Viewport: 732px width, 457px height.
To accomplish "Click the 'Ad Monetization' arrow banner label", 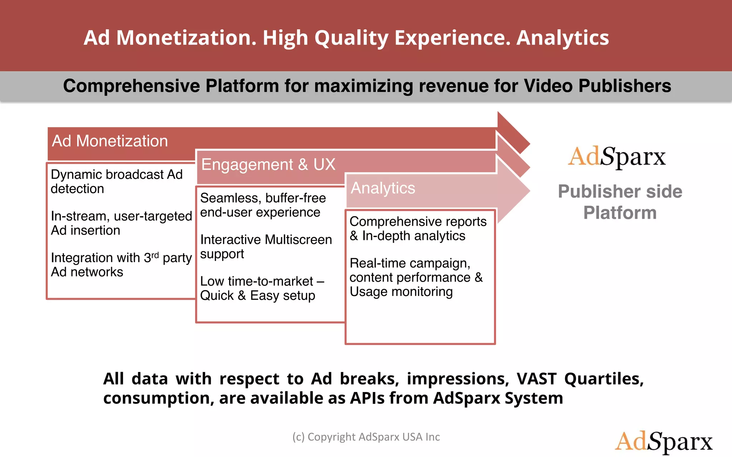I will pos(110,141).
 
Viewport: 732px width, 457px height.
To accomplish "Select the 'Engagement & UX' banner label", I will pos(268,165).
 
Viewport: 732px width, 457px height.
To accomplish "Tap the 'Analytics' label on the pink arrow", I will pos(383,188).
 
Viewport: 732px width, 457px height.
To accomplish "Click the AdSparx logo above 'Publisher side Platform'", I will pos(617,157).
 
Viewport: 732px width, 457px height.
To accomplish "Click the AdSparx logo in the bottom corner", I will pos(663,441).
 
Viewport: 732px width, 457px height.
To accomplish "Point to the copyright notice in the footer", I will pos(366,437).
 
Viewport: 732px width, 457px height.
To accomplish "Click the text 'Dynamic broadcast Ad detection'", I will pos(117,181).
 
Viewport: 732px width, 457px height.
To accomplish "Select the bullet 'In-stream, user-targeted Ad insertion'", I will pos(121,223).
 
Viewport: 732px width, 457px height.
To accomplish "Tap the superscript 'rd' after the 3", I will pos(155,255).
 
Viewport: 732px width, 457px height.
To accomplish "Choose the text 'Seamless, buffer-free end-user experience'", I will pos(263,205).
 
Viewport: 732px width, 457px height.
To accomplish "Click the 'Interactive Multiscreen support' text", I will pos(266,246).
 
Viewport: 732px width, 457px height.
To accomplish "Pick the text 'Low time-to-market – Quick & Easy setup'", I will pos(262,288).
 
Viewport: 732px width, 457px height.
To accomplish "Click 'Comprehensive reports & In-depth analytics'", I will pos(417,228).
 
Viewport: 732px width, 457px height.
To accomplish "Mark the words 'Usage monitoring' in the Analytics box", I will pos(401,292).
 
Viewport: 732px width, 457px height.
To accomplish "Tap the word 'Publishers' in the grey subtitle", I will pos(624,86).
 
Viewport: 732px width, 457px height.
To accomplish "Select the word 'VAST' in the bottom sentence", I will pos(536,379).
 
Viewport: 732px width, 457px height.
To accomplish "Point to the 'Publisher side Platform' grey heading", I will pos(620,202).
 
